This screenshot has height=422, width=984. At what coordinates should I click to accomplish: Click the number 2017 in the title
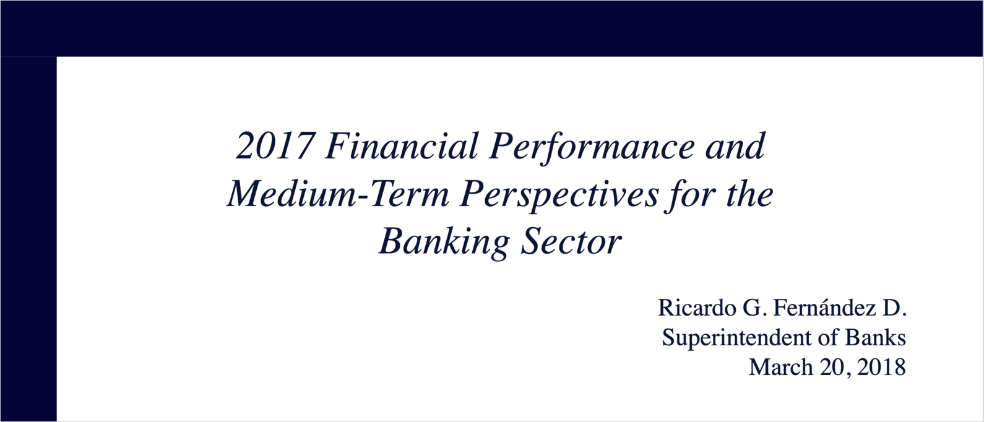(x=275, y=146)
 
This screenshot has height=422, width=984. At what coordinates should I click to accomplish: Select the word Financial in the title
(x=401, y=146)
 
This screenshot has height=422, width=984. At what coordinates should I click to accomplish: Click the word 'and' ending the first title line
(x=735, y=146)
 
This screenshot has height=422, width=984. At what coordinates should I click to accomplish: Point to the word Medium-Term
(x=339, y=194)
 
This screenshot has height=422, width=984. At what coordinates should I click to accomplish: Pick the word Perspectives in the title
(x=559, y=196)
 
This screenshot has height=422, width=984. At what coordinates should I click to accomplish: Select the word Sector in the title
(x=571, y=241)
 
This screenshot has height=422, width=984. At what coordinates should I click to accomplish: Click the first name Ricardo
(x=697, y=308)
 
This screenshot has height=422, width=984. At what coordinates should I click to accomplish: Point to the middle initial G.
(x=754, y=308)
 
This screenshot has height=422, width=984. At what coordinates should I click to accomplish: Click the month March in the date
(x=780, y=367)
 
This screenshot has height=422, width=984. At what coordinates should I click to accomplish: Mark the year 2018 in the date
(x=881, y=367)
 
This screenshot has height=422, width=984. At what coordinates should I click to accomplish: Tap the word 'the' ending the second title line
(x=749, y=194)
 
